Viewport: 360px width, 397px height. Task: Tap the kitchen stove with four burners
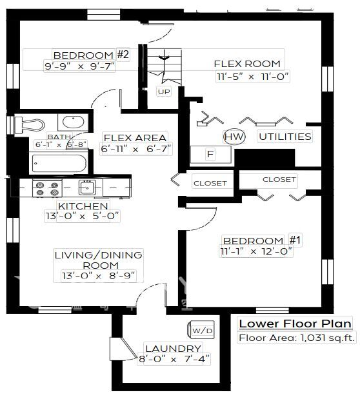(47, 188)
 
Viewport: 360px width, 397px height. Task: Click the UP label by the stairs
(163, 92)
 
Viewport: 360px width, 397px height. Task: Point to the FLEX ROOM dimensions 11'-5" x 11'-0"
(253, 76)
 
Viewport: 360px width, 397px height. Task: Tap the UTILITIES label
(285, 137)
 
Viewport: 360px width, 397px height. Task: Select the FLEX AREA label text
(134, 137)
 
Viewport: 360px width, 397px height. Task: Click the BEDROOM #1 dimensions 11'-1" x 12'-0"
(257, 251)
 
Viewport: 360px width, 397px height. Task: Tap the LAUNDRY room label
(172, 348)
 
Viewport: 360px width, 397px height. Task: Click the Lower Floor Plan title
(294, 324)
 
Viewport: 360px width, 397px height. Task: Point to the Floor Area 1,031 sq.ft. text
(294, 338)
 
